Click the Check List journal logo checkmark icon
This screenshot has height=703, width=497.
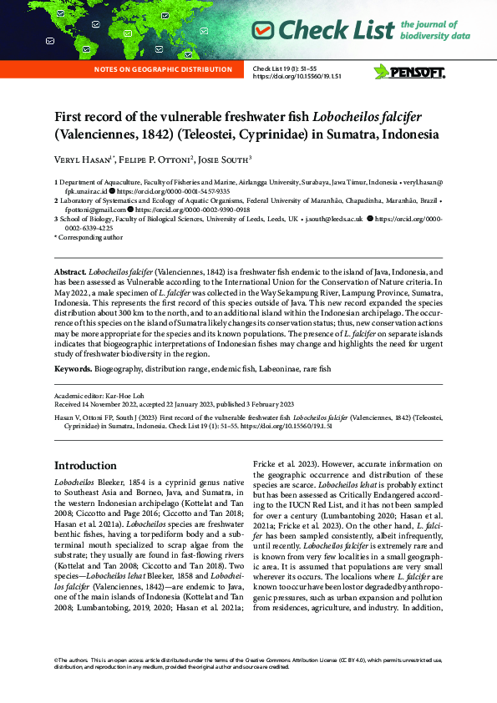(x=263, y=31)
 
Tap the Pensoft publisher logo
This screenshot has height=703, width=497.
(x=409, y=71)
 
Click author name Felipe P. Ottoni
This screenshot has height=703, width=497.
(x=165, y=159)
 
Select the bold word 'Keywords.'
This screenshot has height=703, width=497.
(x=74, y=368)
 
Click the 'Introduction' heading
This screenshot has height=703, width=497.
(x=85, y=465)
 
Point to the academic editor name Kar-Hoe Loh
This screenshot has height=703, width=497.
(x=125, y=392)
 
